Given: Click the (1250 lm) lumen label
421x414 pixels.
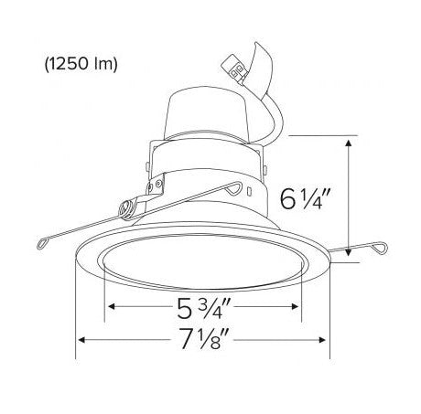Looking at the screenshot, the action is [81, 64].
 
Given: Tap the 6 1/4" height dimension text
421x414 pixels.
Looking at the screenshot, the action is [305, 199].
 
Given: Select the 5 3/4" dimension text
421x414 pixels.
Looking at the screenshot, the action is [204, 308].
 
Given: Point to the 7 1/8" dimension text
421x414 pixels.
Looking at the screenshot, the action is [204, 338].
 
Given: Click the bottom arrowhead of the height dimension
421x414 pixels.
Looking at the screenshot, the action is [349, 252].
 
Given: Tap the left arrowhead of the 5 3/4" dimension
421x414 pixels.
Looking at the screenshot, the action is [112, 306].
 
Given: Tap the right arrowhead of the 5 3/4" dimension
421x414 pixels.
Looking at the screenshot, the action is [295, 306].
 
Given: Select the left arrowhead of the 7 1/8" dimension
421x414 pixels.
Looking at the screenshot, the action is [81, 339].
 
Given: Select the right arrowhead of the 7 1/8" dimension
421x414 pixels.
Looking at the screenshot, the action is [322, 339].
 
